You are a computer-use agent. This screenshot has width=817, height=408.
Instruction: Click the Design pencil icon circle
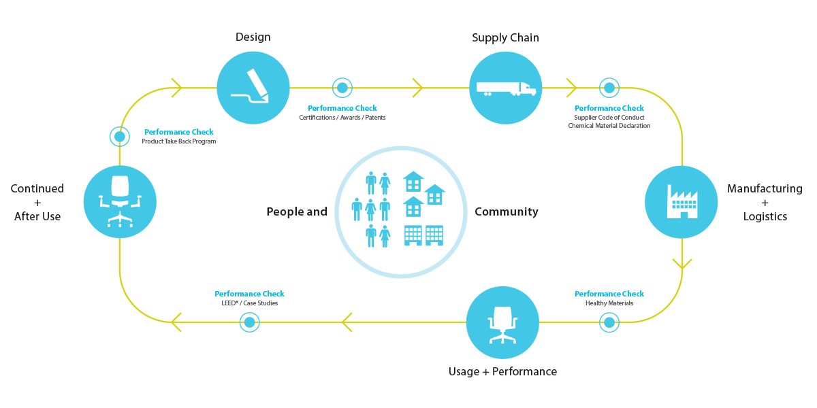tap(253, 88)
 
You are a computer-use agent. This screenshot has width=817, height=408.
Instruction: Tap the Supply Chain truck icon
tap(505, 88)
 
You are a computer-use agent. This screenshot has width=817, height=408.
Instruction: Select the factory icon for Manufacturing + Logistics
tap(682, 202)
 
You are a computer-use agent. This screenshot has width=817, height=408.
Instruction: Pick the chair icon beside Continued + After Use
tap(120, 202)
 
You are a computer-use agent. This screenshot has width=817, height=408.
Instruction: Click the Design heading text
tap(253, 37)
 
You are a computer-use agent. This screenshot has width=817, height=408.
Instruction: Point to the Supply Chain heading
tap(505, 37)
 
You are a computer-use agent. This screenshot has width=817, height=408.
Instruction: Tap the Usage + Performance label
tap(502, 371)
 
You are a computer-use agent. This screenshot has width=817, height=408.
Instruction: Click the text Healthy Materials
tap(609, 303)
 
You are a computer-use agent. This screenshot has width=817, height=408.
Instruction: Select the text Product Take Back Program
tap(178, 141)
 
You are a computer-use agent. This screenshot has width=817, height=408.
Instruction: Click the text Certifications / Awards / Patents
tap(342, 117)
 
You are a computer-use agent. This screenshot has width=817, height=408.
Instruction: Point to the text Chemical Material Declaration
tap(609, 126)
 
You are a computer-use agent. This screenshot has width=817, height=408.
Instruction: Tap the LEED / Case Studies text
tap(249, 303)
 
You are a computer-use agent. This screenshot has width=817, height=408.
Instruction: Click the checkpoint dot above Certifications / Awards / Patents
tap(342, 88)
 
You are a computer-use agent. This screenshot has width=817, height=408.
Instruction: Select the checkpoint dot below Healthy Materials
tap(609, 322)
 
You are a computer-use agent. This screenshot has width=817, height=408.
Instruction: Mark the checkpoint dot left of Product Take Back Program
tap(120, 137)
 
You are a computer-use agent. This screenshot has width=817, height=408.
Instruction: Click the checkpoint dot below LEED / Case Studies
tap(249, 322)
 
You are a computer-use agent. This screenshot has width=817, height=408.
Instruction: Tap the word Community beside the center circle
tap(507, 211)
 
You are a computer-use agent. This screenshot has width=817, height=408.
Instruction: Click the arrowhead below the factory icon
tap(682, 264)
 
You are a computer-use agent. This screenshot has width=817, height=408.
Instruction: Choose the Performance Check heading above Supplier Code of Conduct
tap(609, 108)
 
